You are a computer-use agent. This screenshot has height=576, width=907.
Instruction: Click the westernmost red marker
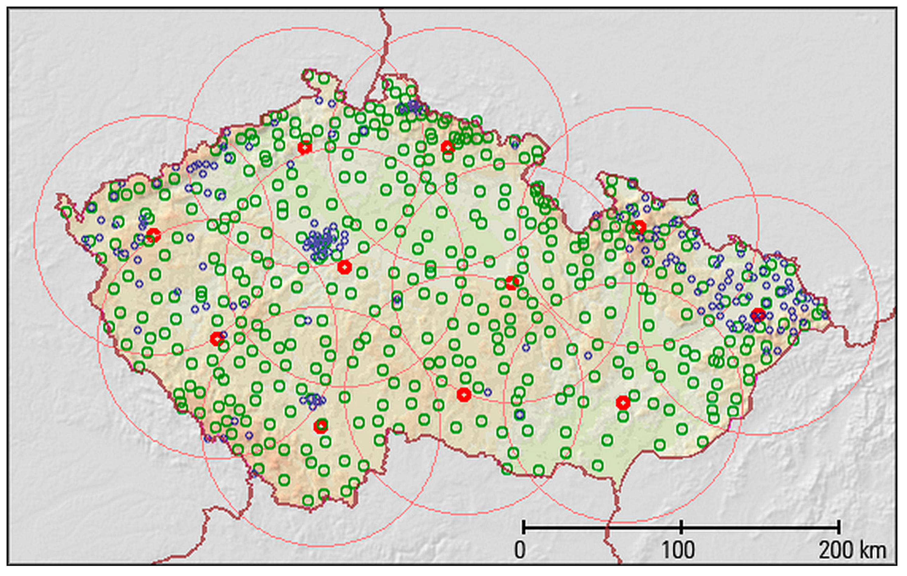click(x=153, y=235)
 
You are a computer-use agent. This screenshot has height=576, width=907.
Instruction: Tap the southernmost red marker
click(x=321, y=426)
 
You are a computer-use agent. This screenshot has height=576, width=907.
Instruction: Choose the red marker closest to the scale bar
click(x=623, y=403)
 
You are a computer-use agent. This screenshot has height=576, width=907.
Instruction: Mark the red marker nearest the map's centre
click(x=512, y=283)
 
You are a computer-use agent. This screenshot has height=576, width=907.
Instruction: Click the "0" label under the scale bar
click(x=520, y=551)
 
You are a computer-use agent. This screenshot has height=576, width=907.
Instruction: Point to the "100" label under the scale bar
click(x=678, y=551)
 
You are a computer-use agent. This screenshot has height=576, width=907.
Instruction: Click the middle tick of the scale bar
click(x=681, y=527)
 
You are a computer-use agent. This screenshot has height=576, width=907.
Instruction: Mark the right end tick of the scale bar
click(x=839, y=527)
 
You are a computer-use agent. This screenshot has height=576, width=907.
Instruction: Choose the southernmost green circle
click(x=308, y=501)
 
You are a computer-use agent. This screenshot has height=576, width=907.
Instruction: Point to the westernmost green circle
click(x=66, y=212)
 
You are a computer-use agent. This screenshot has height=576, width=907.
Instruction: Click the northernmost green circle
click(x=309, y=75)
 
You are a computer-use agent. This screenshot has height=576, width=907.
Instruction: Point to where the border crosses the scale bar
click(x=608, y=527)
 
